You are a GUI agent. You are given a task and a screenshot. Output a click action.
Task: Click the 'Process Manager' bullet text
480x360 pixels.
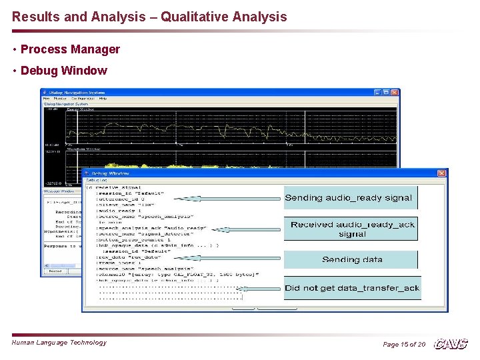pos(70,49)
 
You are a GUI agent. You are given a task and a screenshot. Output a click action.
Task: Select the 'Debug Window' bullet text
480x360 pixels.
pos(63,71)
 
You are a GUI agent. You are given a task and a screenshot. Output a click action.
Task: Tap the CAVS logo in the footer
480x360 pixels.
pos(451,344)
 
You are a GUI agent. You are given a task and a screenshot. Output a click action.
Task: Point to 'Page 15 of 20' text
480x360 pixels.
pos(404,344)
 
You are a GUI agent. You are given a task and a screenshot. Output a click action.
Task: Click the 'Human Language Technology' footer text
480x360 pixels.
pos(59,343)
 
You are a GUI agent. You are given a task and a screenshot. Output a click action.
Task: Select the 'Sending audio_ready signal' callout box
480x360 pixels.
pos(349,198)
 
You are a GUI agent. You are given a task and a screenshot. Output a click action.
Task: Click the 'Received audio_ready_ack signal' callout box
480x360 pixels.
pos(352,229)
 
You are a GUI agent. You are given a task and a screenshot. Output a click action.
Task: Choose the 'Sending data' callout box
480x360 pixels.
pos(352,259)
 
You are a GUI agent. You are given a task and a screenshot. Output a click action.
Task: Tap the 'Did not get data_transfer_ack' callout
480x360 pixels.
pos(352,288)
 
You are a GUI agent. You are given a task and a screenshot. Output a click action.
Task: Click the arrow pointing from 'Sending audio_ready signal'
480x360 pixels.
pos(227,198)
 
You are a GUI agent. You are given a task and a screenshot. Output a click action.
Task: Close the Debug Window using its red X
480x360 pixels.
pos(442,173)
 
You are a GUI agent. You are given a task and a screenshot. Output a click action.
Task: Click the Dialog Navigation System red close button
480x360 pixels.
pos(395,92)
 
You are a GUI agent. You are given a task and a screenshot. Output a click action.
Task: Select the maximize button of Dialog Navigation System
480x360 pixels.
pos(387,92)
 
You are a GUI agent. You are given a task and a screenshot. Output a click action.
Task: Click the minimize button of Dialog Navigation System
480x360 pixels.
pos(378,92)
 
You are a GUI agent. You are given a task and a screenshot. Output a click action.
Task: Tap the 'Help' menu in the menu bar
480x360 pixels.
pos(103,99)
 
